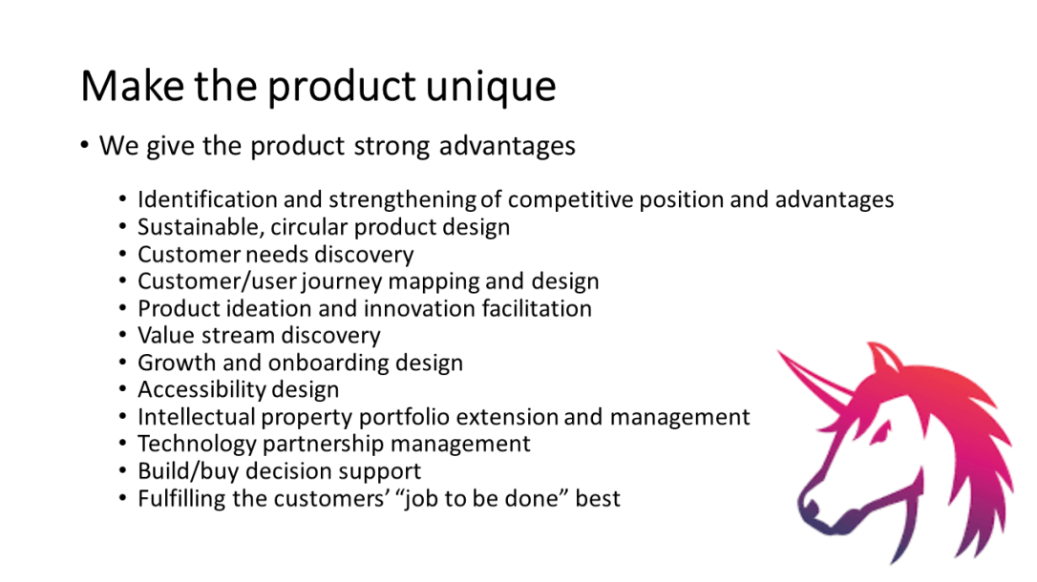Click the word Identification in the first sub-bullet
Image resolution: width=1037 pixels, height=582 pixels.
coord(208,199)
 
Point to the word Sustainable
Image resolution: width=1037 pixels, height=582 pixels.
coord(199,227)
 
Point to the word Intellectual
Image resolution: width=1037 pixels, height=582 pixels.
coord(204,417)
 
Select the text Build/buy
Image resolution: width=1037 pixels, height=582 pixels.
coord(182,471)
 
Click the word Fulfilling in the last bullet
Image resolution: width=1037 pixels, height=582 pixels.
coord(184,498)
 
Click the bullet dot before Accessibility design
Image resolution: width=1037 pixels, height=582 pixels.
coord(122,390)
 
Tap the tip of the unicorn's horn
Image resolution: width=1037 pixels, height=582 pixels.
coord(779,352)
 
